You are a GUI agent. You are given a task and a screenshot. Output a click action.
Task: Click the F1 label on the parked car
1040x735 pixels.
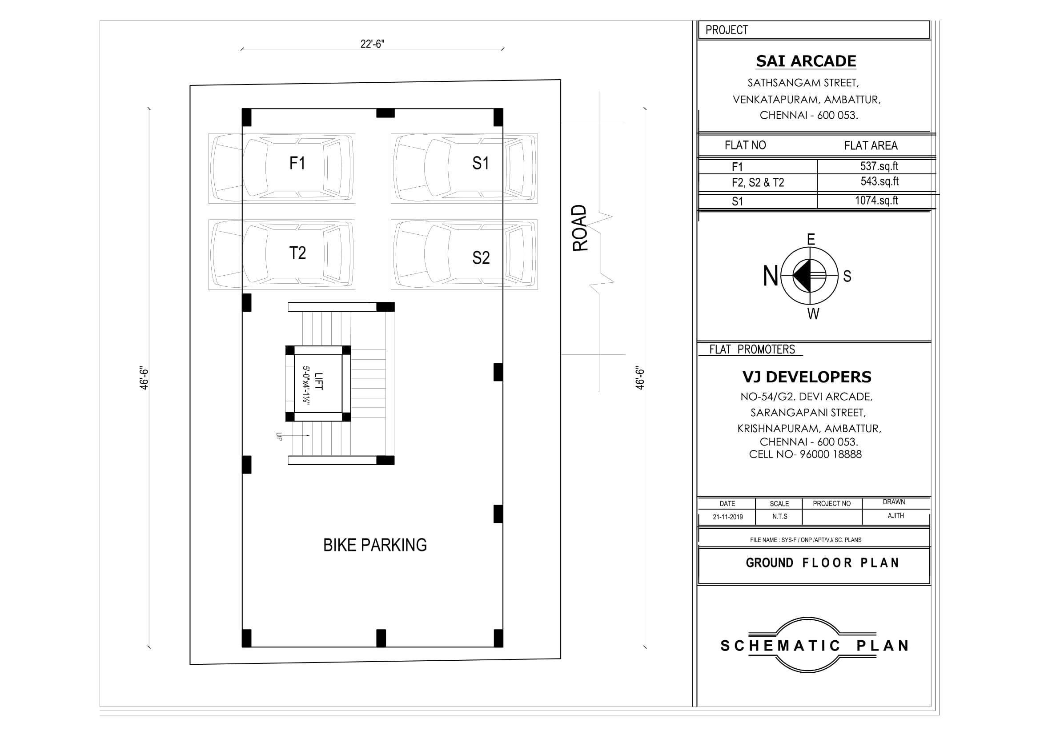(297, 163)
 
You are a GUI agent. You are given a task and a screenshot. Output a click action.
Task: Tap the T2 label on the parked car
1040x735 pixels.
(297, 253)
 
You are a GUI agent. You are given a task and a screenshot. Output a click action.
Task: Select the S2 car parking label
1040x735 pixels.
(481, 258)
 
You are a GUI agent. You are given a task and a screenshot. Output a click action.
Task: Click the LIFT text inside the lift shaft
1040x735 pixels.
(319, 382)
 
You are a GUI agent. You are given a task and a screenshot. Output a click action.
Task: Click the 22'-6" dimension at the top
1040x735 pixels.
(372, 44)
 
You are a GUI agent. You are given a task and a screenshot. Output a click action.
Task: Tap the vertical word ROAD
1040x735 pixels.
(580, 228)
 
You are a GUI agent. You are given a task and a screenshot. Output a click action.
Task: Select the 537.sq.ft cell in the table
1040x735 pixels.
(879, 166)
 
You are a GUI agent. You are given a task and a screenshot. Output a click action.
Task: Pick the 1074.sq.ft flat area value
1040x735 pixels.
(876, 201)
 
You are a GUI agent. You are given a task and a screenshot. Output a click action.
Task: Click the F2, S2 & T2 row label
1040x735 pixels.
(758, 182)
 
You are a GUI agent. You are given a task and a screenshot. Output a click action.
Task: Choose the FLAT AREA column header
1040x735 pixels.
(871, 145)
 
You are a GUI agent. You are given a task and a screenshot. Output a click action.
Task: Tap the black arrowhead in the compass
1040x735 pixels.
(802, 275)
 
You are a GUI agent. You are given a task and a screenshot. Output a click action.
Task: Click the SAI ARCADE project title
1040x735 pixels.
(806, 61)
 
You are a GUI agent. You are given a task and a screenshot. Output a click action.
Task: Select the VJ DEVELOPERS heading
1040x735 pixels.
(807, 377)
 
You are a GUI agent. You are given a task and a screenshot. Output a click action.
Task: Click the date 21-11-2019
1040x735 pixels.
(727, 517)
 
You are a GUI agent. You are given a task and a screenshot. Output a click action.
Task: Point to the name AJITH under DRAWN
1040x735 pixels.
(895, 516)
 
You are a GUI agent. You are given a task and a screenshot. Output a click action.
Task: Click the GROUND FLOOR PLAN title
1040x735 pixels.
(822, 563)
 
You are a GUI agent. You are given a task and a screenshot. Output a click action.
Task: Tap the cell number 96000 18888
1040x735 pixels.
(830, 454)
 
